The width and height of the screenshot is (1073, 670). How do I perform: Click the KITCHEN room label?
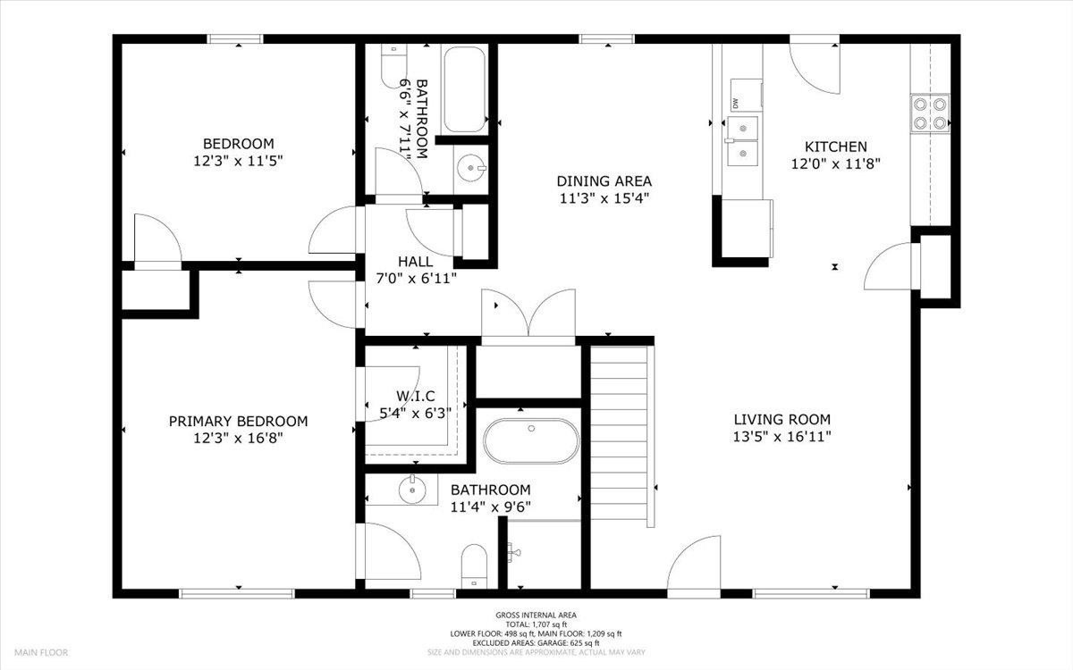[x=835, y=147]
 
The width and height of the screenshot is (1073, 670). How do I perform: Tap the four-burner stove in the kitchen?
[x=930, y=113]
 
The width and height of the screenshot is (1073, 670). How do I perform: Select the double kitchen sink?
[x=743, y=141]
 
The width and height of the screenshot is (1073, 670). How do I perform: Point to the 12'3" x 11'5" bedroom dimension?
[x=238, y=161]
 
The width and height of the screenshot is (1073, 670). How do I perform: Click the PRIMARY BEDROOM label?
[x=238, y=421]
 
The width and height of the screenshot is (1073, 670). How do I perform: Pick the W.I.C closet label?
[x=415, y=397]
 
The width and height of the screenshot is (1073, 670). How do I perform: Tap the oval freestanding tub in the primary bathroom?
[x=531, y=441]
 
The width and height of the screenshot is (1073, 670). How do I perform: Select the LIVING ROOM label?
[x=782, y=420]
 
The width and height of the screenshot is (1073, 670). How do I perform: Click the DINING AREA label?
[x=604, y=181]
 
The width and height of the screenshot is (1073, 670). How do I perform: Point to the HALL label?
[x=415, y=262]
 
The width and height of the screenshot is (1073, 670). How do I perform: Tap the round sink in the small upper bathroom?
[x=471, y=168]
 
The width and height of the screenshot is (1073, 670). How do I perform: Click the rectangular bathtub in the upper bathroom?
[x=464, y=89]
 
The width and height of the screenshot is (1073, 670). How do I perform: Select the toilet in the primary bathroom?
[x=474, y=566]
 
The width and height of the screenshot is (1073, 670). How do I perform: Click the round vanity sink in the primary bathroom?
[x=412, y=490]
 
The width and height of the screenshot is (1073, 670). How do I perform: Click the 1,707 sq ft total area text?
[x=536, y=624]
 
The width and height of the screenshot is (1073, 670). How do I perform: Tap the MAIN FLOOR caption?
[x=41, y=652]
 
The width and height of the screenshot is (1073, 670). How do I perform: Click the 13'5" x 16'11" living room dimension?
[x=782, y=437]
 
